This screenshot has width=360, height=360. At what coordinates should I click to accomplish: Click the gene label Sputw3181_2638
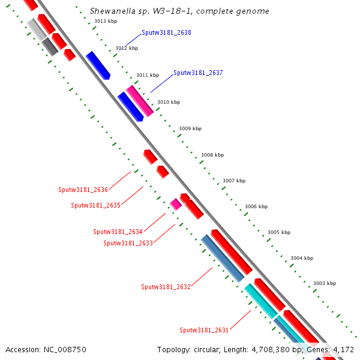click(x=166, y=32)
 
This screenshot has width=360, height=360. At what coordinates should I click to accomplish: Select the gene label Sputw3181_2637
click(x=198, y=73)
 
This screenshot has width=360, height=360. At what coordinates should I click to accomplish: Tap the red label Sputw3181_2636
click(x=83, y=190)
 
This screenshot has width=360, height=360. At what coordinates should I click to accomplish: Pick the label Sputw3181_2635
click(x=95, y=205)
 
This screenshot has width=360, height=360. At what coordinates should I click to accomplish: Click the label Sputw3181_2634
click(x=118, y=232)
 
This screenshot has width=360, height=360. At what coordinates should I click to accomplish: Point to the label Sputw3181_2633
click(x=128, y=243)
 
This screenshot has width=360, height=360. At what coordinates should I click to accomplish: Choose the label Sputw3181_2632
click(x=166, y=287)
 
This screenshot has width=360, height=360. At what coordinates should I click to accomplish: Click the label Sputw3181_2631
click(x=204, y=330)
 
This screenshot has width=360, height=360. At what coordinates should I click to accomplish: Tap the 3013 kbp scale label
click(x=106, y=21)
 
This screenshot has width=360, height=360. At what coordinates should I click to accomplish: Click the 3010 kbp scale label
click(x=169, y=102)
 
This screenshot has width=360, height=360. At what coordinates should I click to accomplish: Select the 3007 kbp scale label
click(x=234, y=181)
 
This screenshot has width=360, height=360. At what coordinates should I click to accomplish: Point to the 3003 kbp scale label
click(x=325, y=283)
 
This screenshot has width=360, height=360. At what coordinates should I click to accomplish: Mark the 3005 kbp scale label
click(x=279, y=232)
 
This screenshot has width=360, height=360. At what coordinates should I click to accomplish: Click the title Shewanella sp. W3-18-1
click(x=179, y=11)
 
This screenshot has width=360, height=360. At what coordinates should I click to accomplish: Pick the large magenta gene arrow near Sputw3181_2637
click(x=140, y=101)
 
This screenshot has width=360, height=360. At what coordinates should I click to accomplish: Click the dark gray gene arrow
click(x=50, y=47)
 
